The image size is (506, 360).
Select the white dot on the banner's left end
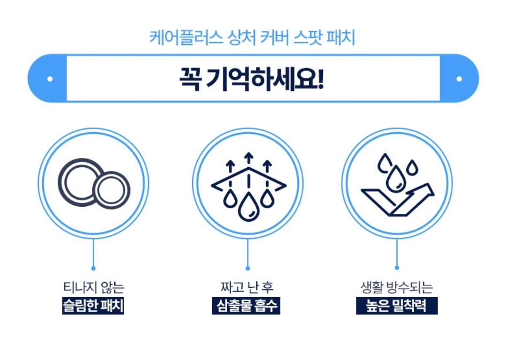[50, 79]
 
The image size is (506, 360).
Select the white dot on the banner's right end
[459, 79]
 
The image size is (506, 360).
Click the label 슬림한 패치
[93, 306]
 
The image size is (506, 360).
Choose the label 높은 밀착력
[396, 306]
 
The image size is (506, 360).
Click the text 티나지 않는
[93, 287]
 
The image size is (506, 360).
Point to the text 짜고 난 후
[246, 287]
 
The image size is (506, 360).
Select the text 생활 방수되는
[396, 287]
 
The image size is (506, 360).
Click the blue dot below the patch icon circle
[93, 268]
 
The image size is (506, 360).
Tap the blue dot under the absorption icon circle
[248, 268]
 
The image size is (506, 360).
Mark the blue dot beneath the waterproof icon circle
[397, 268]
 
